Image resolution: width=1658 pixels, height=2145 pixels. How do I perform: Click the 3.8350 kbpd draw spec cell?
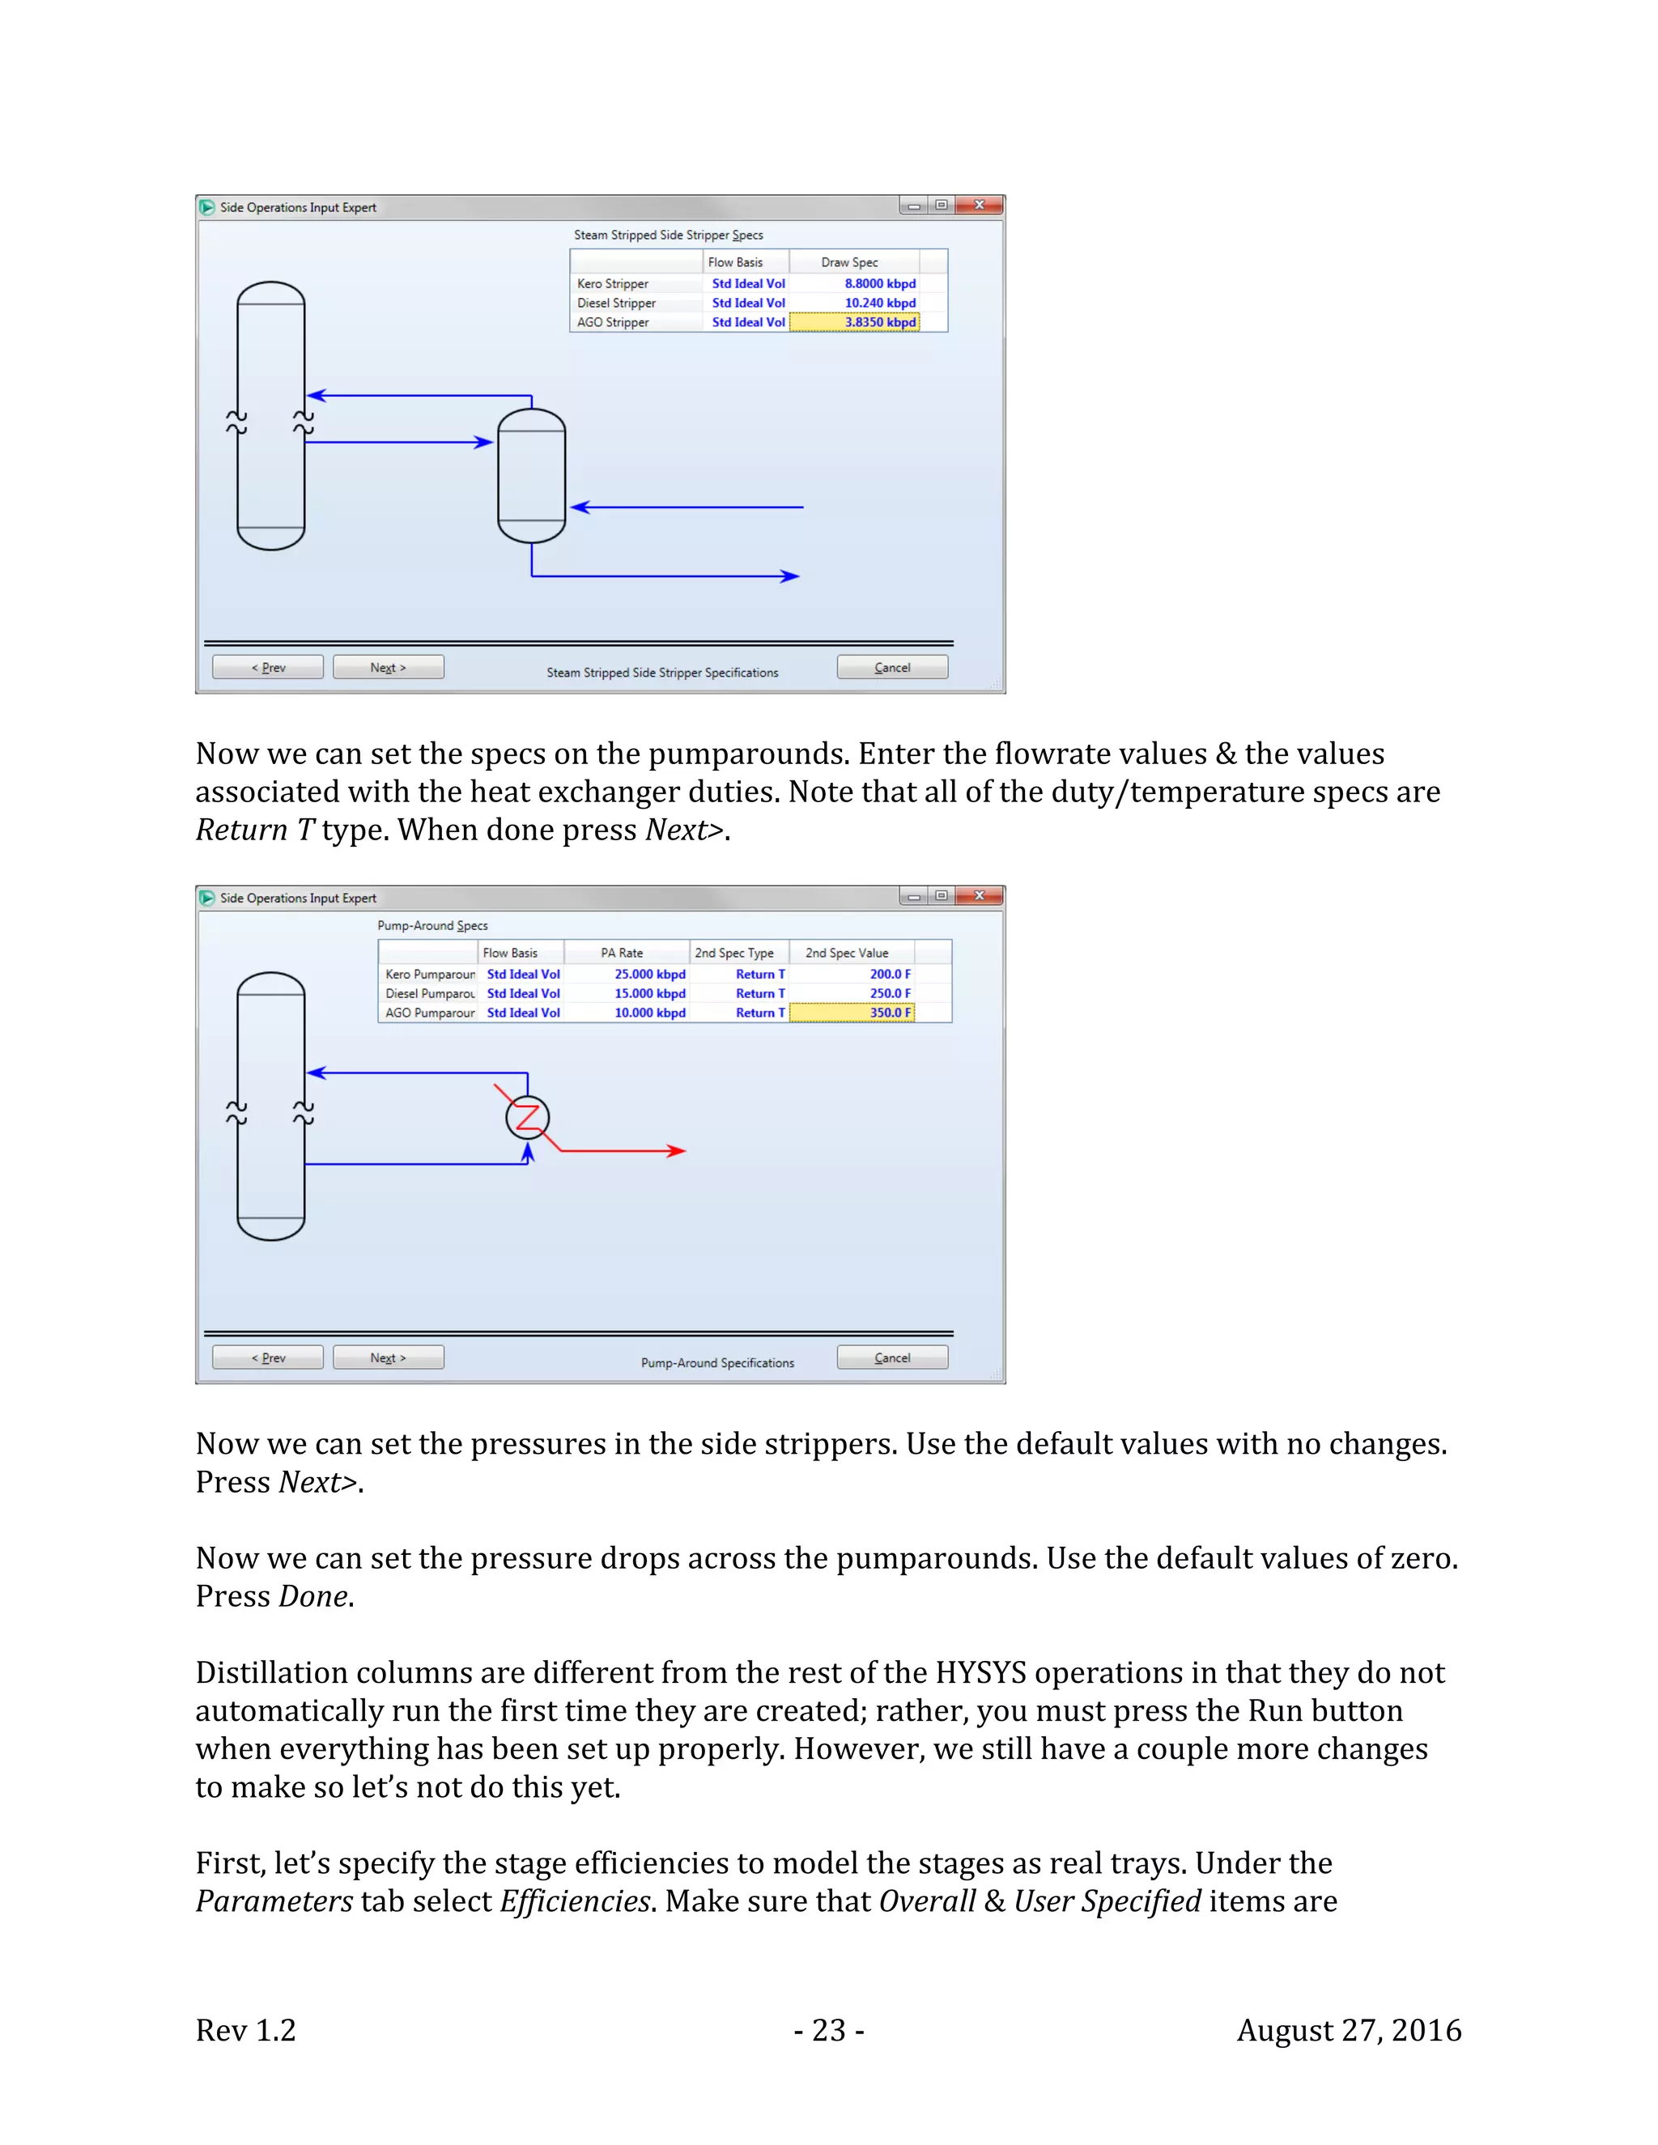tap(855, 322)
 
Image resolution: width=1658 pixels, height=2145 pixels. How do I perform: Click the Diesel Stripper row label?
tap(617, 304)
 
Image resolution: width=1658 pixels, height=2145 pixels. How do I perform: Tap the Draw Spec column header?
tap(849, 262)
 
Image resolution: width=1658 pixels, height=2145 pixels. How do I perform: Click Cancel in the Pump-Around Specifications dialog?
tap(892, 1357)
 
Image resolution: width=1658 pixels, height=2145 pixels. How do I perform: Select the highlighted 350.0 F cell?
tap(852, 1013)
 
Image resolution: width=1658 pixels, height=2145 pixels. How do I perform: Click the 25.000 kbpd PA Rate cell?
tap(649, 975)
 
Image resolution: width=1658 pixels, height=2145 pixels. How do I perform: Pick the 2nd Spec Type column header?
tap(733, 953)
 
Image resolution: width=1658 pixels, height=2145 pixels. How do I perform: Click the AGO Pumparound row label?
tap(429, 1013)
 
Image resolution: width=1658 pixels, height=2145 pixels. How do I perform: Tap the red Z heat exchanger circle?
tap(528, 1118)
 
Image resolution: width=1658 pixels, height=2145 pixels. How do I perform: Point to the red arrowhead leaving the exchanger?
tap(677, 1150)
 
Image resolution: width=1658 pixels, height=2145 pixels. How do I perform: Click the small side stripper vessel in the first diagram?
tap(531, 476)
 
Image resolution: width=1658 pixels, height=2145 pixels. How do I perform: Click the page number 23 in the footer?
tap(829, 2030)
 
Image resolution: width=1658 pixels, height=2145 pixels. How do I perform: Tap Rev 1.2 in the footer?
tap(245, 2030)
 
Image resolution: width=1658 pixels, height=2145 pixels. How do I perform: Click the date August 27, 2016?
tap(1349, 2030)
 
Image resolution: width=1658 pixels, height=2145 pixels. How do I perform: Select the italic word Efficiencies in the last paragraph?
tap(575, 1901)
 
